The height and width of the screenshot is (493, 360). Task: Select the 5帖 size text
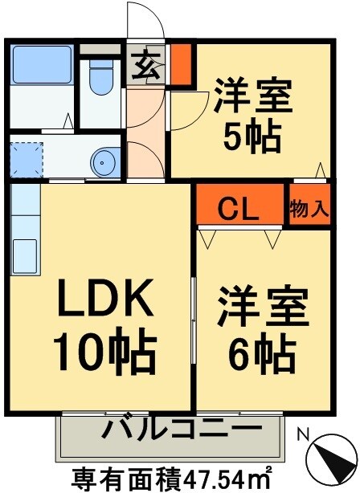[x=251, y=137]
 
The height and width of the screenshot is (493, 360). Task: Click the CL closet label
[x=239, y=210]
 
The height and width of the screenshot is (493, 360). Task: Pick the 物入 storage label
[x=309, y=210]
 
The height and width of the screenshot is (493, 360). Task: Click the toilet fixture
[x=101, y=79]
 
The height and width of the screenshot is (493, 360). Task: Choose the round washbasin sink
[x=105, y=163]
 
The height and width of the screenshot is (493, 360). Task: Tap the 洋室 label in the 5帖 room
[x=251, y=98]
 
